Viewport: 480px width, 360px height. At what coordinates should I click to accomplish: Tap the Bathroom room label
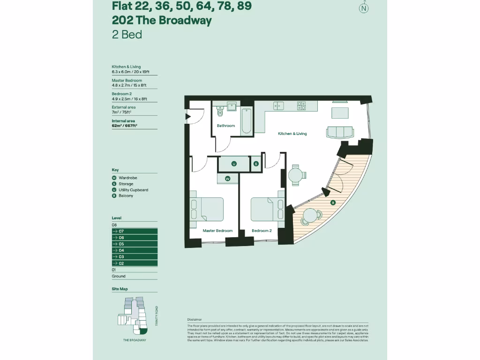click(225, 126)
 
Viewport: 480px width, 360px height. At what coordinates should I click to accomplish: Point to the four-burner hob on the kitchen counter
click(301, 106)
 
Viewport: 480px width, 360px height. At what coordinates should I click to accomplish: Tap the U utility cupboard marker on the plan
click(233, 164)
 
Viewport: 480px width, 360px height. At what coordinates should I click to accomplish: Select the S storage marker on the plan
click(256, 164)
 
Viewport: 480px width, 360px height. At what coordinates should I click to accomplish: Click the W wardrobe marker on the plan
click(227, 179)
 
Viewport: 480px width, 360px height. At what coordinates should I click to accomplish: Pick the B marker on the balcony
click(332, 202)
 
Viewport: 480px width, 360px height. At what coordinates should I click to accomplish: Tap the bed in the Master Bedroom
click(206, 209)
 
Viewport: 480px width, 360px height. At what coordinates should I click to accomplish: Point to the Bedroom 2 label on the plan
click(262, 231)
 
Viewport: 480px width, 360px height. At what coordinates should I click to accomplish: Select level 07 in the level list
click(134, 232)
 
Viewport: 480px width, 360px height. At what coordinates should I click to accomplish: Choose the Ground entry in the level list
click(119, 276)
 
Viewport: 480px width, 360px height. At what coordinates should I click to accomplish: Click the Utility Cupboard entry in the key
click(133, 190)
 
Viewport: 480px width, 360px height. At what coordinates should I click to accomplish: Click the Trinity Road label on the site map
click(157, 316)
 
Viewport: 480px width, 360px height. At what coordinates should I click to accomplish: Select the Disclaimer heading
click(194, 319)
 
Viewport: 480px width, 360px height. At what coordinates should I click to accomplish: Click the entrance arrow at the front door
click(188, 117)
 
